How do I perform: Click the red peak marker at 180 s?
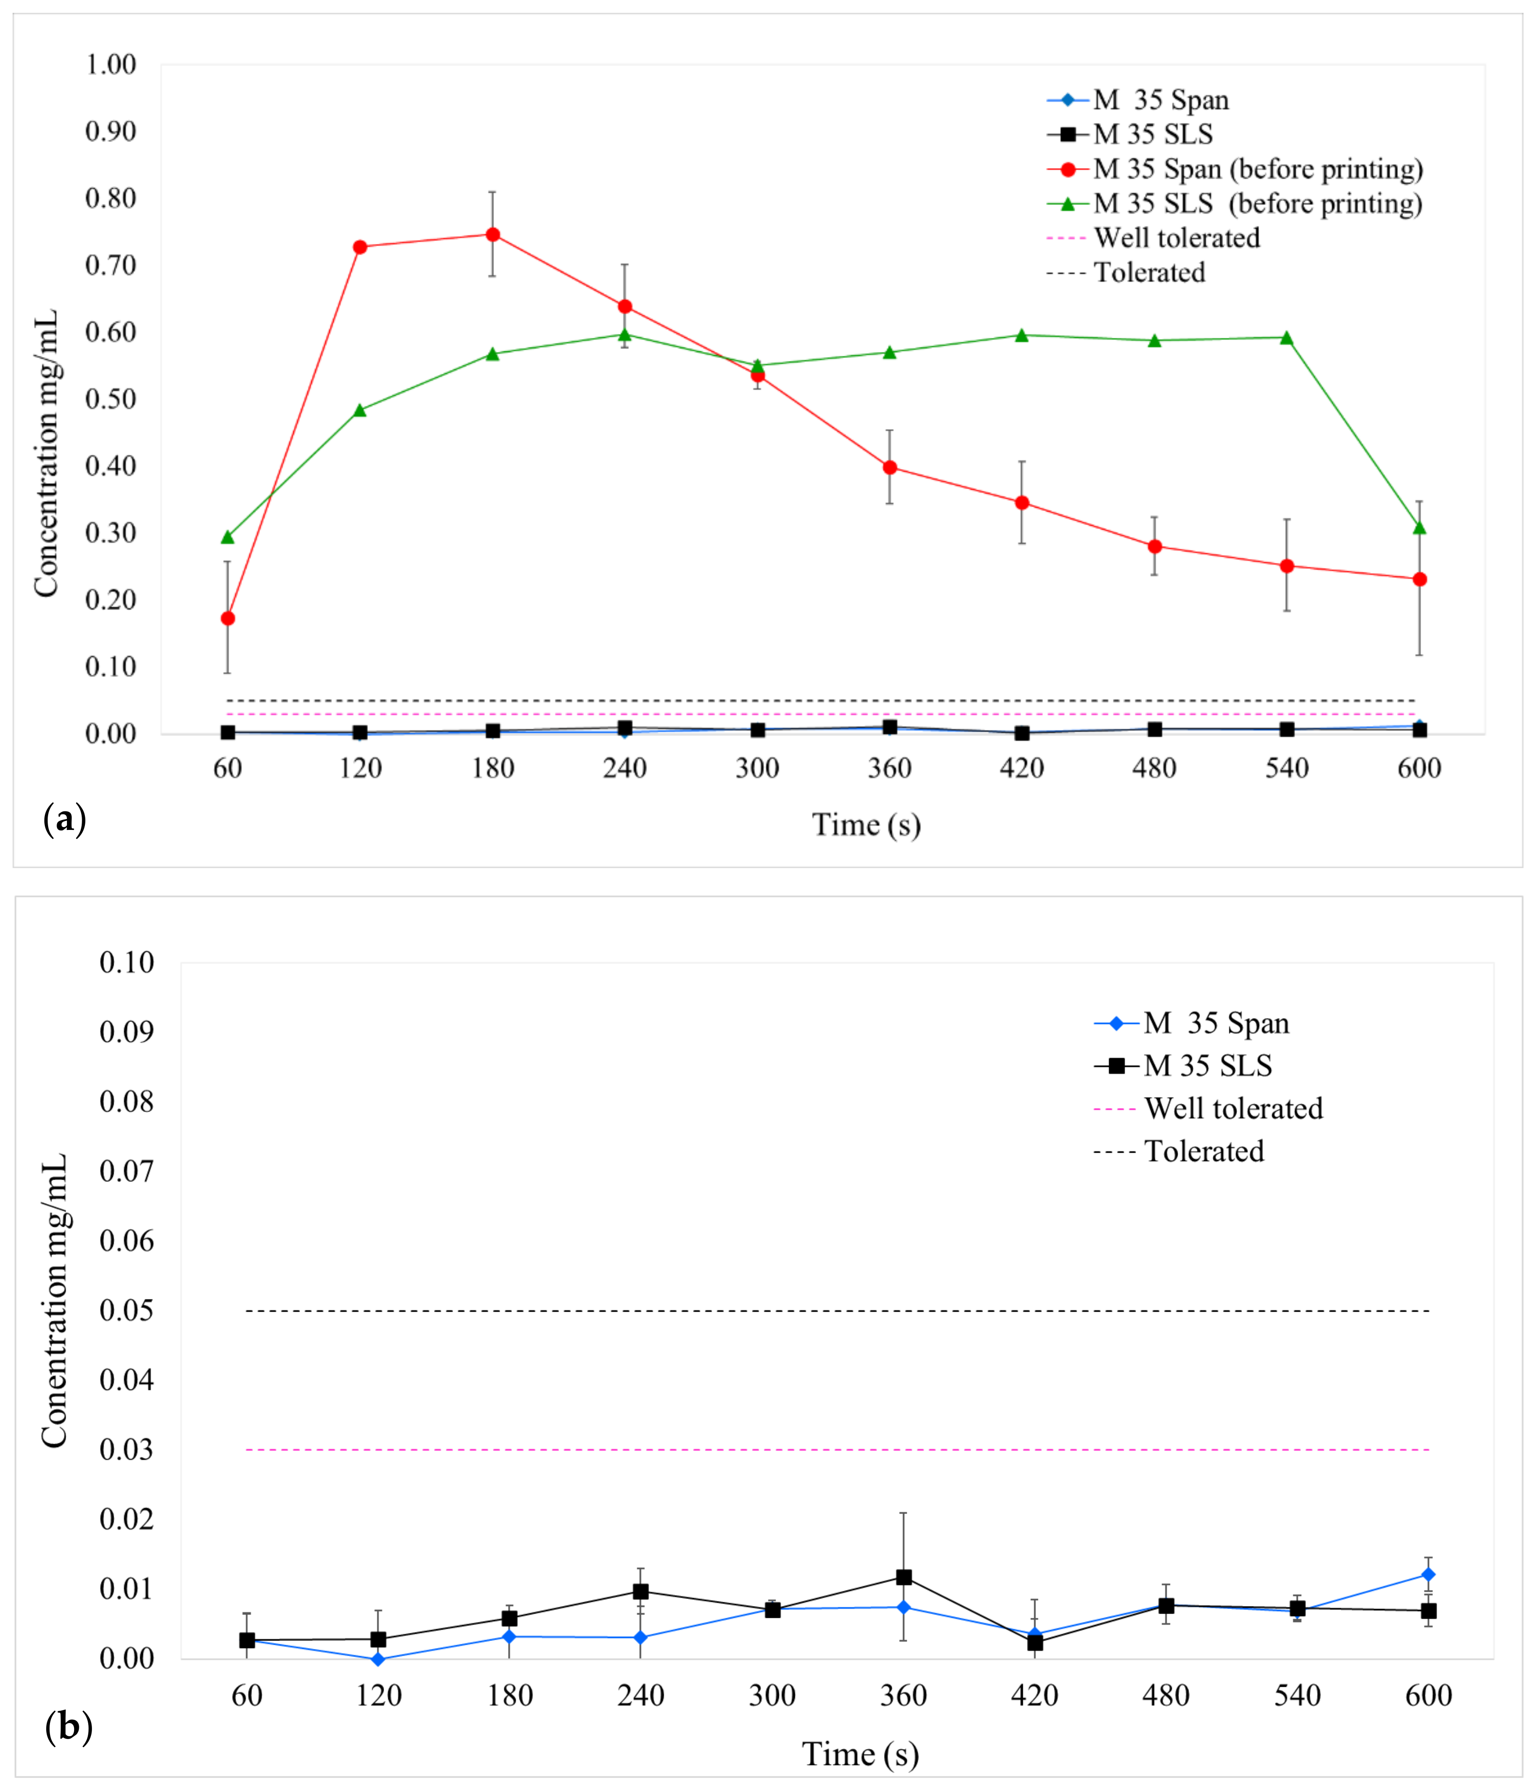[493, 234]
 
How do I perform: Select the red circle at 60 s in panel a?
[227, 618]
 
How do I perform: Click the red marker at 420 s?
[1022, 502]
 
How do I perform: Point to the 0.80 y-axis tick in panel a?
[111, 199]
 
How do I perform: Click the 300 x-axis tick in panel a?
[757, 768]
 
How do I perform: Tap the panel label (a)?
[65, 818]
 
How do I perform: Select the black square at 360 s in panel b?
[903, 1577]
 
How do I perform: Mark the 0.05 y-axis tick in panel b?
[126, 1310]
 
